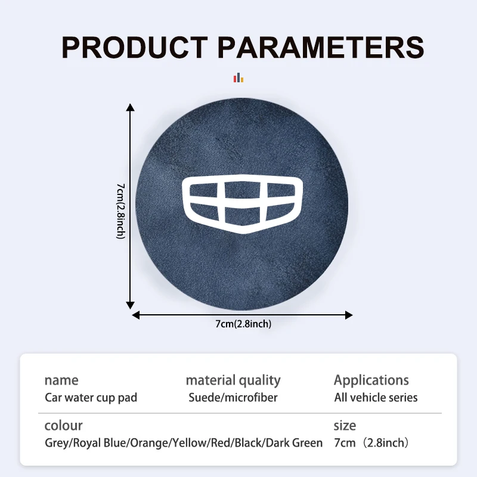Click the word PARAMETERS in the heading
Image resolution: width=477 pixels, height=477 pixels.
pos(321,47)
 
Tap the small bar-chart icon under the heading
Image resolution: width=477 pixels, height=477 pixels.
pos(238,78)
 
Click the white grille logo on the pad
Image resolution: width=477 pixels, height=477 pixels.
pos(243,204)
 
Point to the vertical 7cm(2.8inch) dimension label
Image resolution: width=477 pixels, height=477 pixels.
pos(121,211)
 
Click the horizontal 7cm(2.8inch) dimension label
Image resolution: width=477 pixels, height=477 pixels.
pos(243,324)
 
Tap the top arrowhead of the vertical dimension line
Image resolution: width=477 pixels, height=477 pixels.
pos(130,107)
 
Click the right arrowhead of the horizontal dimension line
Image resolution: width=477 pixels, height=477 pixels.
pos(349,315)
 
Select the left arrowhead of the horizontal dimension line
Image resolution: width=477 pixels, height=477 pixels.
pos(136,315)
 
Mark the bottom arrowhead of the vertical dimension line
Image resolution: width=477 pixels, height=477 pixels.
pos(130,305)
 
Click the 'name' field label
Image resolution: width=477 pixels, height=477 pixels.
pos(61,380)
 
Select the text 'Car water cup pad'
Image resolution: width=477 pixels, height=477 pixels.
pos(91,398)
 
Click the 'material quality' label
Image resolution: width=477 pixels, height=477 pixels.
pos(233,381)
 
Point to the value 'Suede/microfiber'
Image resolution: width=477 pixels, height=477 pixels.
pos(233,398)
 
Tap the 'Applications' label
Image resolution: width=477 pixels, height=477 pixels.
pos(371,381)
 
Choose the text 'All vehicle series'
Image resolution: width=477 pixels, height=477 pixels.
pos(376,398)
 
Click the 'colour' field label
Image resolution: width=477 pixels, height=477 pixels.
pos(64,426)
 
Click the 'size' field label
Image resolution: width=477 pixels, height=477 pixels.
pos(345,426)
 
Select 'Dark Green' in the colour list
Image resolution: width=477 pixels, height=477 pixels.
pos(294,443)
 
